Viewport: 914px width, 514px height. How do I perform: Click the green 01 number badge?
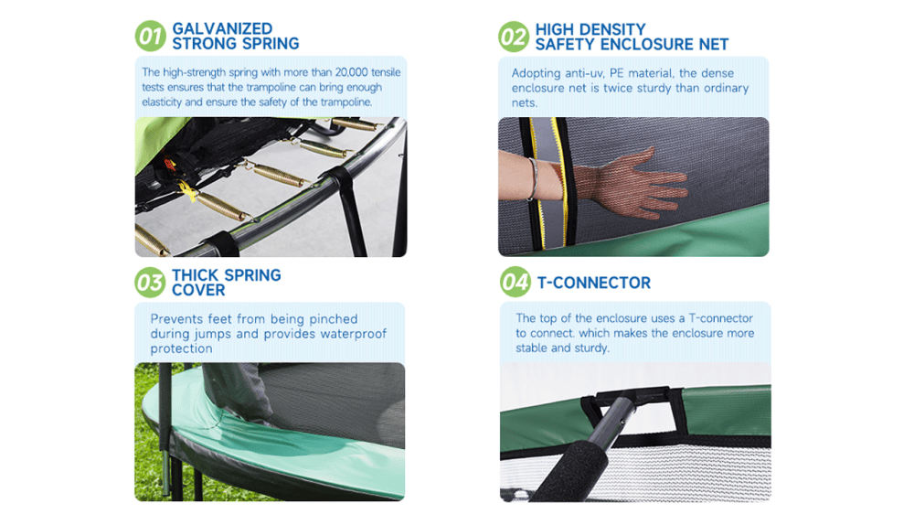[151, 37]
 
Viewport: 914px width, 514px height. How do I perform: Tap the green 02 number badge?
[514, 37]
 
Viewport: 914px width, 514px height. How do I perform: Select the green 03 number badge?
[151, 283]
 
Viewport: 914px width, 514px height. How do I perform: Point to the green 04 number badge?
[515, 283]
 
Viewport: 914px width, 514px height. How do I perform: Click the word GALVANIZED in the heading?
[222, 28]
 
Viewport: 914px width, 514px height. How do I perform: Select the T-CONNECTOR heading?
[593, 283]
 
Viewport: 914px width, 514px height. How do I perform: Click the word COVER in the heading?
[198, 290]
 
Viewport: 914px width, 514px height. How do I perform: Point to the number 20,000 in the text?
[352, 72]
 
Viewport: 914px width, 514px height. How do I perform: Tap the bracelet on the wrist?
[532, 179]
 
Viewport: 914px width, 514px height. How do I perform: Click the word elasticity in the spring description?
[162, 102]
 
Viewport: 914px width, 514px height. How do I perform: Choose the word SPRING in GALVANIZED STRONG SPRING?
[271, 44]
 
